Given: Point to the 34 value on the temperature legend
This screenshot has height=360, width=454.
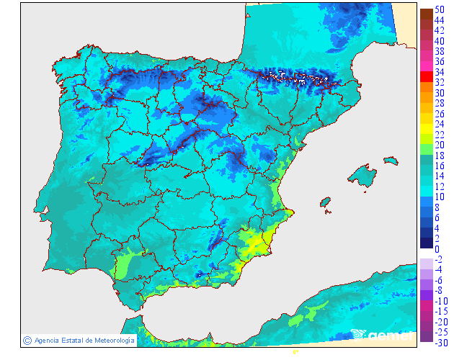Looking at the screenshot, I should tap(440, 72).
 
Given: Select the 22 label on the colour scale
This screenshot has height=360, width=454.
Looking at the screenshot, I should tap(440, 135).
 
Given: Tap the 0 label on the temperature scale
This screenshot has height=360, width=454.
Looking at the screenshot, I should tap(437, 249).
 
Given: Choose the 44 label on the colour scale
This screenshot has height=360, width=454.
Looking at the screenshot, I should tap(440, 20).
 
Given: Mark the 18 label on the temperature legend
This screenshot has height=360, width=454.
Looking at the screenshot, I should tap(440, 156).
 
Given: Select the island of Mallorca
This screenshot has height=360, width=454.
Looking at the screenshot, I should tap(362, 176).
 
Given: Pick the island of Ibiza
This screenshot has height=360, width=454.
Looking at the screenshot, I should tap(326, 203).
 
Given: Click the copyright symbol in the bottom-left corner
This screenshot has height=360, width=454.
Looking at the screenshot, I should tap(27, 340).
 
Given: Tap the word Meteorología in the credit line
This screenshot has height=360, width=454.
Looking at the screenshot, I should tap(110, 340).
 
